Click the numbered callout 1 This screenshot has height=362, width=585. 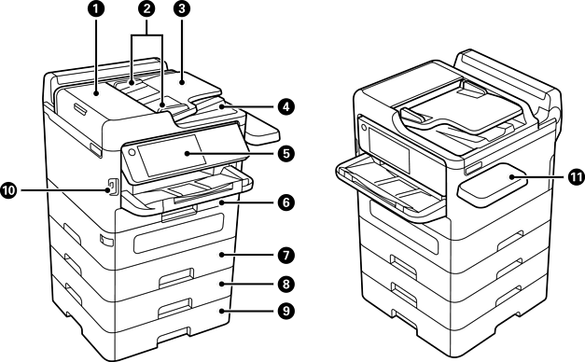point(97,9)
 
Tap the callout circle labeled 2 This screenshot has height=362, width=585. point(147,9)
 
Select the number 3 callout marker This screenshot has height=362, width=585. point(182,9)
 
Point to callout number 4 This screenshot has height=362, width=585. point(286,107)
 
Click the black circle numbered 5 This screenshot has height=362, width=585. point(286,153)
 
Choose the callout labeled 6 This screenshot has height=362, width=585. point(286,202)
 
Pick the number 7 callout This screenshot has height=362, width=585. point(286,256)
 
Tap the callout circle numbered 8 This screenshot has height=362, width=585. point(286,284)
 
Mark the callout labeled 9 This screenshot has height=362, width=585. point(286,311)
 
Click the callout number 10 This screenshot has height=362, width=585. point(8,190)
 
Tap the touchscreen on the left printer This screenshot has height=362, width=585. point(172,155)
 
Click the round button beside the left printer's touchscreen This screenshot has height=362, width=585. point(131,152)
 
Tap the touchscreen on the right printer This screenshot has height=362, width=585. point(389,148)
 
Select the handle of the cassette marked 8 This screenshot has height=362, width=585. point(176,278)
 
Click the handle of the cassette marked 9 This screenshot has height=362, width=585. point(175,308)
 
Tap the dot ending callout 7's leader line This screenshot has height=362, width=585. point(221,255)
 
